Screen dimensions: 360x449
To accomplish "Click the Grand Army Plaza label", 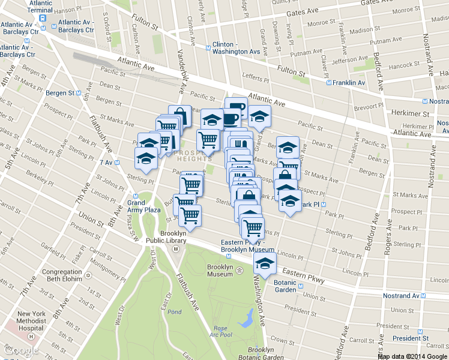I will tap(143, 206).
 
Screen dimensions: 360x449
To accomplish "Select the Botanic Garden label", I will tap(285, 286).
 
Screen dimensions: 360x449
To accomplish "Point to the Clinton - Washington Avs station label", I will tap(237, 48).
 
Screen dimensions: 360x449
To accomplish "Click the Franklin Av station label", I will tap(349, 83).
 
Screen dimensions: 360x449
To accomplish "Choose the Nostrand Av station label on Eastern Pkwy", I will tap(403, 296).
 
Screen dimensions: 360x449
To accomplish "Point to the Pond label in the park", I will tap(174, 312).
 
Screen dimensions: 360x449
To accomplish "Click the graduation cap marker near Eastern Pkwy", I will tap(264, 262).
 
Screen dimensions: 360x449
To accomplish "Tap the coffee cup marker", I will tap(235, 111).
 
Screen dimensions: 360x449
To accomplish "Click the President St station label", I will tap(411, 338).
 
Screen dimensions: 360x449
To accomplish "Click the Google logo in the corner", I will tap(22, 350).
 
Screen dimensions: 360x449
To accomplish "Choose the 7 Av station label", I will tap(107, 163).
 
